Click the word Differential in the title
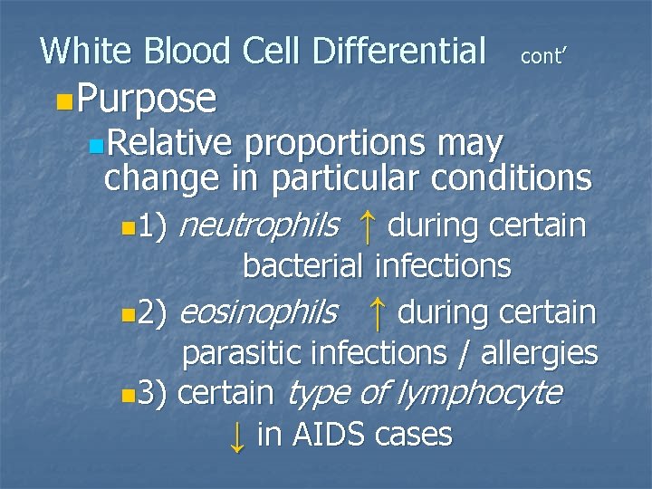(x=398, y=51)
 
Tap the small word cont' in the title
(x=543, y=56)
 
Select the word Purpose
(x=147, y=99)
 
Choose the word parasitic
(x=243, y=353)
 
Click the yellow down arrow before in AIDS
(x=236, y=436)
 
